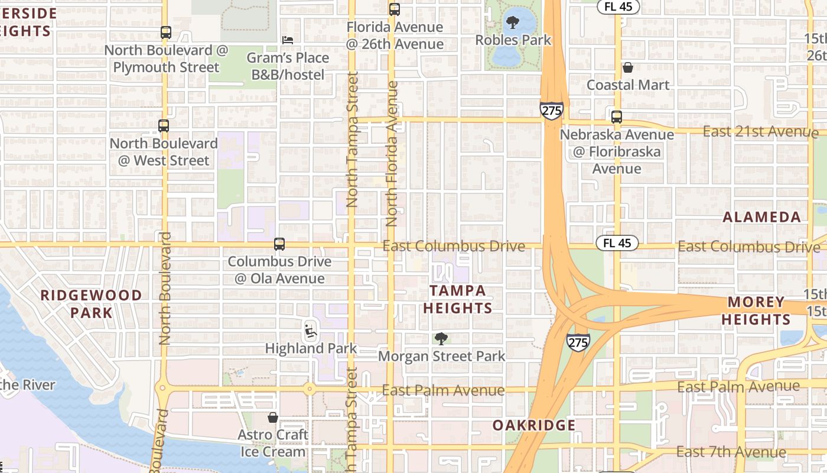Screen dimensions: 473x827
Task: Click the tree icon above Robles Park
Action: [513, 23]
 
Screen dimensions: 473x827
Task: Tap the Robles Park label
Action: [513, 40]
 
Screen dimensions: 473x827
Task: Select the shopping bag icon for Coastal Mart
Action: [627, 68]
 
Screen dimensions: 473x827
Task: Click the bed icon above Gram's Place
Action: [288, 40]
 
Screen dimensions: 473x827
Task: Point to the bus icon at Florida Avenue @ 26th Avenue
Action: [395, 9]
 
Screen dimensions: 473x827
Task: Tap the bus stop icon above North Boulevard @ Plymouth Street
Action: [166, 33]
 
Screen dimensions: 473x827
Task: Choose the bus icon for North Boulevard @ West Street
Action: [164, 126]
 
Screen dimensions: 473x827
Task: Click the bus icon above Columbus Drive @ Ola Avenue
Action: [279, 244]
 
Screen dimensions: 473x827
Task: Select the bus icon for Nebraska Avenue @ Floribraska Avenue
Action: [617, 117]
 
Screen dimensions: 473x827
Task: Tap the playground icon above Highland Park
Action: [311, 331]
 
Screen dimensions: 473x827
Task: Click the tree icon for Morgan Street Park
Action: [441, 339]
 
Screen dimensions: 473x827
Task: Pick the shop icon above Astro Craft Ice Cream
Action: [273, 417]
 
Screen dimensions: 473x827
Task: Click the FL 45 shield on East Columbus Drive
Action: [617, 243]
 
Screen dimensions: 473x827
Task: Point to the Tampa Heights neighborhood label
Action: [458, 299]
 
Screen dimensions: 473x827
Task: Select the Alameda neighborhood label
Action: [761, 217]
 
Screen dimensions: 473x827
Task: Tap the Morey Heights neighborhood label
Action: [758, 311]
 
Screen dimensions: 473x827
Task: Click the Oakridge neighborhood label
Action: [534, 425]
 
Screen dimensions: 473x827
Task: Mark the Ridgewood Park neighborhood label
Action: [91, 304]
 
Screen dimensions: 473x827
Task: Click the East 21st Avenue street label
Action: [760, 131]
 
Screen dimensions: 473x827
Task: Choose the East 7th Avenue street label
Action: [731, 452]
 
